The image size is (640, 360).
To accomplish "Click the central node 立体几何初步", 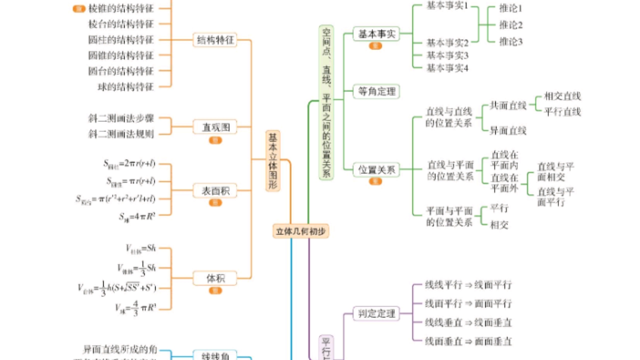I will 301,231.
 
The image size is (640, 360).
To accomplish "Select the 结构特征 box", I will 215,40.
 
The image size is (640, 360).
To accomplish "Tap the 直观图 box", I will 215,127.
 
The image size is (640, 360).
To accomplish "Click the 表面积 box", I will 215,191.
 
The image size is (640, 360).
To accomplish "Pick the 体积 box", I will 215,278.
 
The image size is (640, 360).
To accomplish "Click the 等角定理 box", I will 376,91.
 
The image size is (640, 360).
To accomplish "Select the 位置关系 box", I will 376,170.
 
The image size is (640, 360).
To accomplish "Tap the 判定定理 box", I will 376,313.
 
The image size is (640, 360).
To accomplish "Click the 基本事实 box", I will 376,34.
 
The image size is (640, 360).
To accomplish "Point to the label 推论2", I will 510,25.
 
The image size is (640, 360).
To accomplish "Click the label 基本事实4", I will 447,68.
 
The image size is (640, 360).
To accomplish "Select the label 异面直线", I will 508,131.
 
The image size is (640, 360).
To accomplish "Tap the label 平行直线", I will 562,112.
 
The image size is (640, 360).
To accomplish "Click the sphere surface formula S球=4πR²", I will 137,217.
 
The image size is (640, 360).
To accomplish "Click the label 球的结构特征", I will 125,87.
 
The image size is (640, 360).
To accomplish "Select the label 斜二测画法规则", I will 121,134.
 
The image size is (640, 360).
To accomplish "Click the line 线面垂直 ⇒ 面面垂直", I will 468,341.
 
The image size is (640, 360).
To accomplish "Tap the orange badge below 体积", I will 215,291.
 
